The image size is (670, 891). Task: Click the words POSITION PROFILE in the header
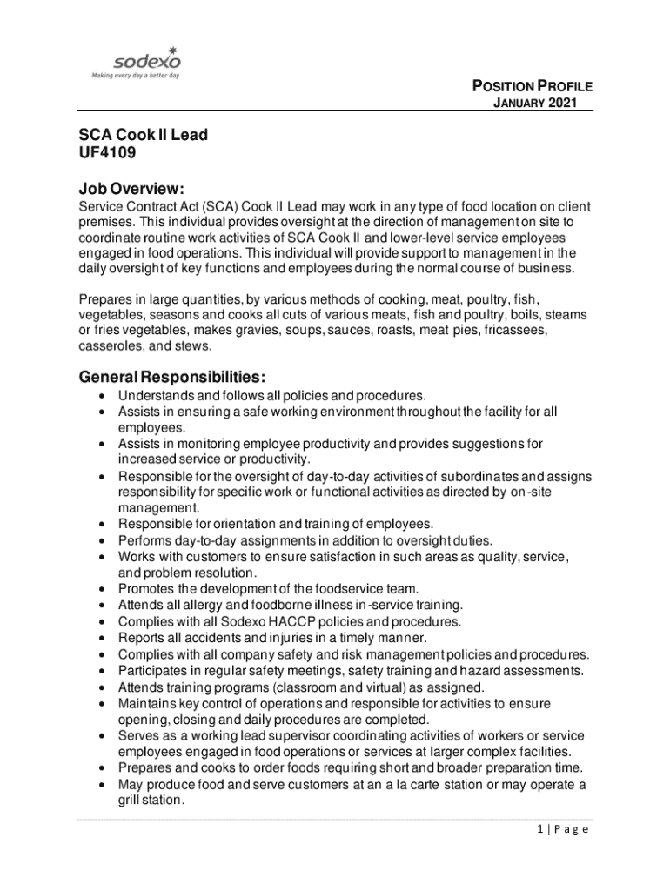pos(532,86)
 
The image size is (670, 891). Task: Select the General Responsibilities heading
pos(171,378)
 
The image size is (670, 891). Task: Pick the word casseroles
pos(111,345)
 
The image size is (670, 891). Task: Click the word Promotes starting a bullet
pos(146,589)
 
